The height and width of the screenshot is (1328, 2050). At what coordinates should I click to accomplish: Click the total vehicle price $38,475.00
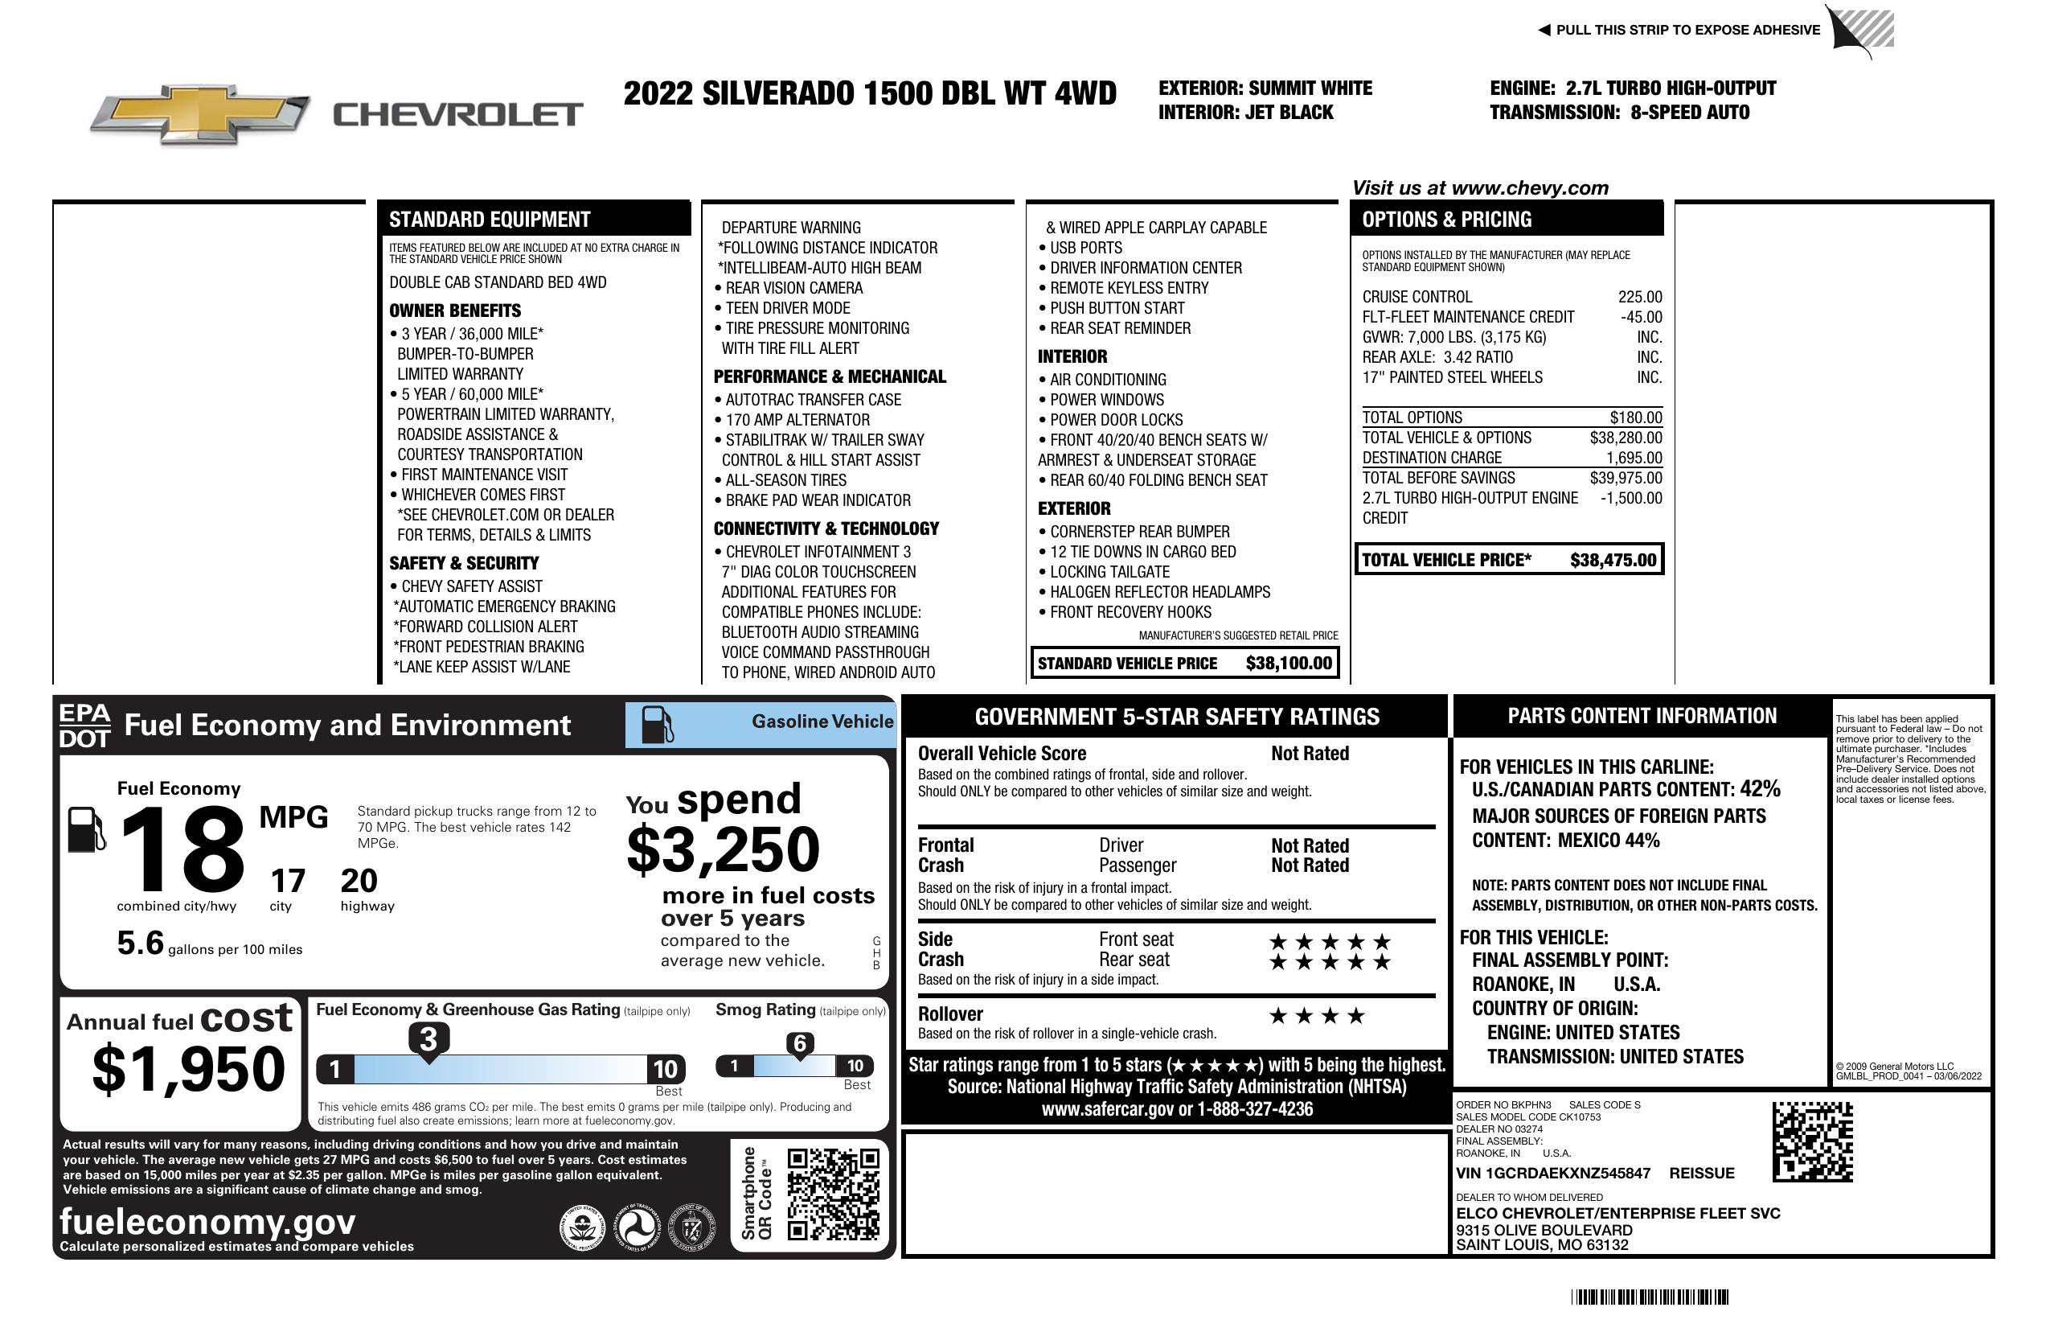pyautogui.click(x=1612, y=560)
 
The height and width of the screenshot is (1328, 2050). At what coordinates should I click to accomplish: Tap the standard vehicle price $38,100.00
pyautogui.click(x=1288, y=663)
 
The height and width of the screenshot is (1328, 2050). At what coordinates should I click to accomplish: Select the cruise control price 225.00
pyautogui.click(x=1639, y=297)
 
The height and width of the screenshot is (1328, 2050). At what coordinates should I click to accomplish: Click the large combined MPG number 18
pyautogui.click(x=182, y=849)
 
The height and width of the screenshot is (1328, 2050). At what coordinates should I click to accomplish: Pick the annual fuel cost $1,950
pyautogui.click(x=188, y=1069)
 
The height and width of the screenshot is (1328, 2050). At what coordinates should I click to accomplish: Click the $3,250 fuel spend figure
pyautogui.click(x=723, y=849)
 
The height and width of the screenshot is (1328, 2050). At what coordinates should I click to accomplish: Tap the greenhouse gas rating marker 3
pyautogui.click(x=428, y=1039)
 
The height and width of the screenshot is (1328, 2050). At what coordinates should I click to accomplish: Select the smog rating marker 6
pyautogui.click(x=799, y=1043)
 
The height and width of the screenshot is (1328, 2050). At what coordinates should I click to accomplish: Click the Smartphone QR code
pyautogui.click(x=833, y=1194)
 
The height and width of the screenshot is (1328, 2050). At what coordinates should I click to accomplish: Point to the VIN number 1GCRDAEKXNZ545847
pyautogui.click(x=1552, y=1173)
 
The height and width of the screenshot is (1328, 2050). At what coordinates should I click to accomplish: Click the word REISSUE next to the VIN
pyautogui.click(x=1701, y=1173)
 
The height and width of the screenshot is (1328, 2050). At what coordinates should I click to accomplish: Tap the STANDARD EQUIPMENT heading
pyautogui.click(x=490, y=219)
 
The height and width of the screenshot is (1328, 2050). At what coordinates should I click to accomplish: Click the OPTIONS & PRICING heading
pyautogui.click(x=1446, y=219)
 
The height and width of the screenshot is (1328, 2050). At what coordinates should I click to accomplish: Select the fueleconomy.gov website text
pyautogui.click(x=207, y=1221)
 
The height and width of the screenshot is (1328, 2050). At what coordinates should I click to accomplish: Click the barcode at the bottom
pyautogui.click(x=1649, y=1297)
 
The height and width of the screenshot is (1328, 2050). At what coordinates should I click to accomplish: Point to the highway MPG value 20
pyautogui.click(x=359, y=880)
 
